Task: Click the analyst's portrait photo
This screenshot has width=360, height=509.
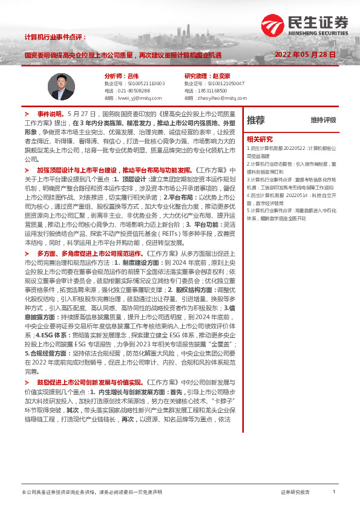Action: pyautogui.click(x=62, y=85)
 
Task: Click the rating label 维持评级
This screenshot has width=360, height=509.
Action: pyautogui.click(x=323, y=120)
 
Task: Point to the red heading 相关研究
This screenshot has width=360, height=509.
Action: pyautogui.click(x=260, y=138)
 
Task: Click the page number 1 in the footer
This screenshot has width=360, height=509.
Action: pyautogui.click(x=334, y=492)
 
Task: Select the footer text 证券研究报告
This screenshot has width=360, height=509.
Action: pyautogui.click(x=295, y=492)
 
